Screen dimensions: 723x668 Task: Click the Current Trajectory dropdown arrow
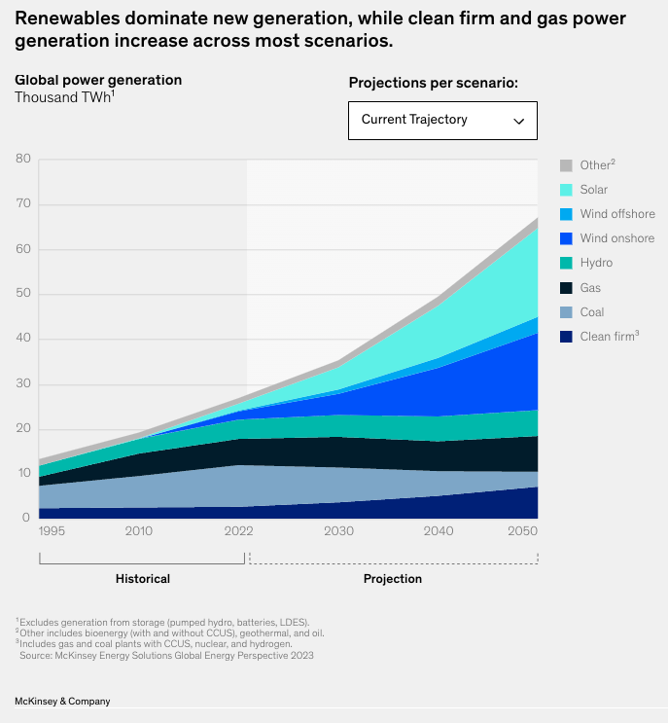point(518,121)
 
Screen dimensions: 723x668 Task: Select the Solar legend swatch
point(566,190)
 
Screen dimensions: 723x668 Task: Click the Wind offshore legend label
point(617,214)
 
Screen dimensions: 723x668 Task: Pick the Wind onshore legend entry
point(616,238)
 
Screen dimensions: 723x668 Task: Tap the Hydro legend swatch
point(566,263)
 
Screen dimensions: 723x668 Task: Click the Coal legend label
point(592,312)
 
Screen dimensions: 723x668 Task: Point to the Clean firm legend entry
point(609,337)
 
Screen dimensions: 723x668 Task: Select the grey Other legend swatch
point(566,165)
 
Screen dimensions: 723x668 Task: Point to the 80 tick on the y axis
point(23,160)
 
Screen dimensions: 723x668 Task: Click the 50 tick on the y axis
point(23,294)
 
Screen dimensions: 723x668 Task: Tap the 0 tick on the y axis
point(27,519)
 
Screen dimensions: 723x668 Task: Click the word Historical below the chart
point(143,579)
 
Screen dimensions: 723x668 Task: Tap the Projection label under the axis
point(393,579)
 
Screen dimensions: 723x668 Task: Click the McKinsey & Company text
point(62,701)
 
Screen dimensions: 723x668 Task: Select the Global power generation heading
point(98,80)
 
